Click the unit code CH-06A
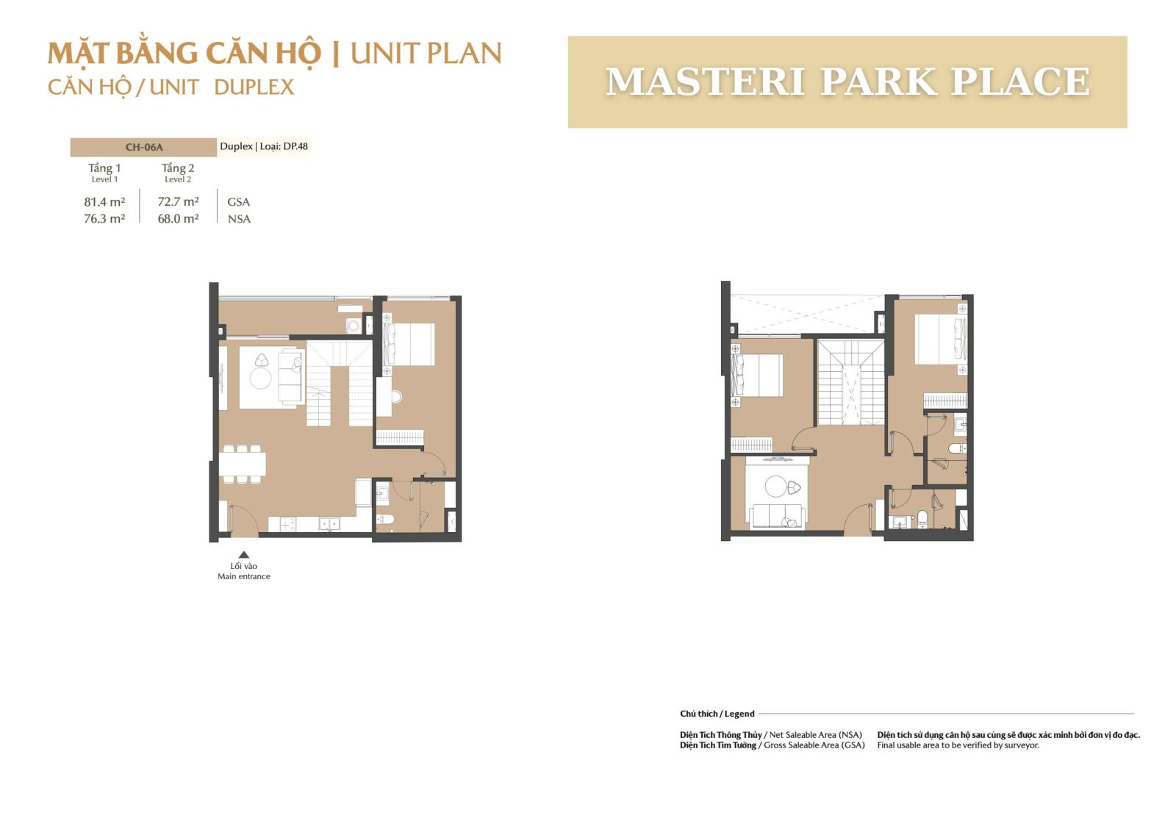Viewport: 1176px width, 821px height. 144,147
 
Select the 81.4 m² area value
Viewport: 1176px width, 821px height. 104,202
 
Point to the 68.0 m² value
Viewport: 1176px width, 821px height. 178,219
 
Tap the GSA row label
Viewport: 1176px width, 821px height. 238,202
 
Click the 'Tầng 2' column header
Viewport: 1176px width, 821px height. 178,168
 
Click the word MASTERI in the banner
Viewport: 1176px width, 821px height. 706,82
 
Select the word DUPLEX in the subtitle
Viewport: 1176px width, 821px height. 254,87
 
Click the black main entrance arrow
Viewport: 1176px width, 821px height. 243,554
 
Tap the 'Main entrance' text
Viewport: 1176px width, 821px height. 243,576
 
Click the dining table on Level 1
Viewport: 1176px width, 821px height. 243,464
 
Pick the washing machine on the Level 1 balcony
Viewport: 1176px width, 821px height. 354,326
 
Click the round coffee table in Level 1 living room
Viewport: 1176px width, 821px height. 260,378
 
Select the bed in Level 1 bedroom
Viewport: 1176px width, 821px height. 409,344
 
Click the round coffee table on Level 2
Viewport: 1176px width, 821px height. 775,486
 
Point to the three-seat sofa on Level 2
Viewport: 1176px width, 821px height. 778,516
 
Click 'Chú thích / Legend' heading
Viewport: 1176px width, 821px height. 717,714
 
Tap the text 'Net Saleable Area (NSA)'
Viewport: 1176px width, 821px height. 815,735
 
